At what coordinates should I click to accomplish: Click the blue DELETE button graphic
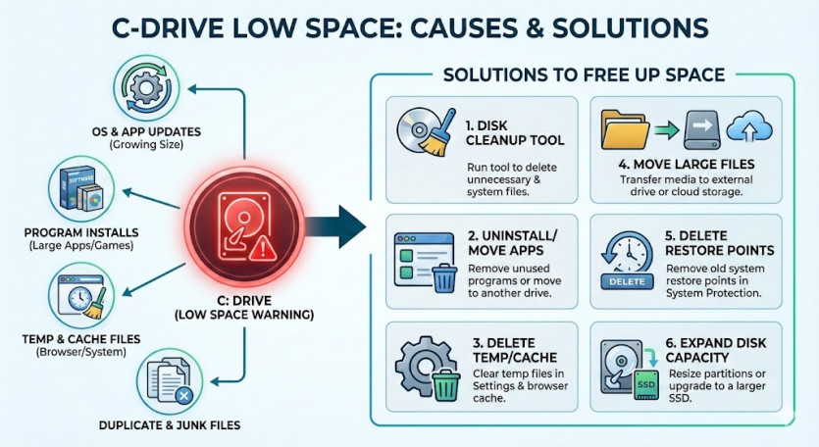[x=621, y=280]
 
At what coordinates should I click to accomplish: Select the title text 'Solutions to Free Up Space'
[x=584, y=74]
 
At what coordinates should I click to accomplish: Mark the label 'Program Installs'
[x=79, y=232]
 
